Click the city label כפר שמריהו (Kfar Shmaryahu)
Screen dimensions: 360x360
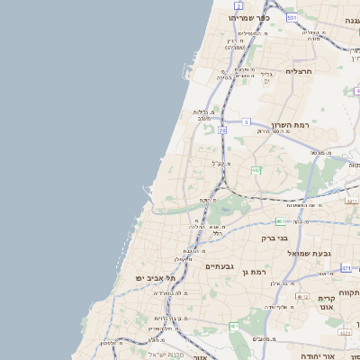[244, 18]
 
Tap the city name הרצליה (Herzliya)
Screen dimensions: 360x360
[298, 70]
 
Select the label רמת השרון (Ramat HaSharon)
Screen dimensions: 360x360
[289, 124]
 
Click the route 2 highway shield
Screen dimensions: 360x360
[238, 5]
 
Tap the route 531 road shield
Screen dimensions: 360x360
[292, 18]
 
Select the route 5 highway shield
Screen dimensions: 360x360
[246, 121]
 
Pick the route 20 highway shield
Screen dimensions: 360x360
[221, 130]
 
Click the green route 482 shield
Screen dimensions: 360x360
[256, 170]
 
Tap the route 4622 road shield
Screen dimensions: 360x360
[345, 334]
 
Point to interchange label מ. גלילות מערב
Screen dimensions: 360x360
[202, 115]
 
